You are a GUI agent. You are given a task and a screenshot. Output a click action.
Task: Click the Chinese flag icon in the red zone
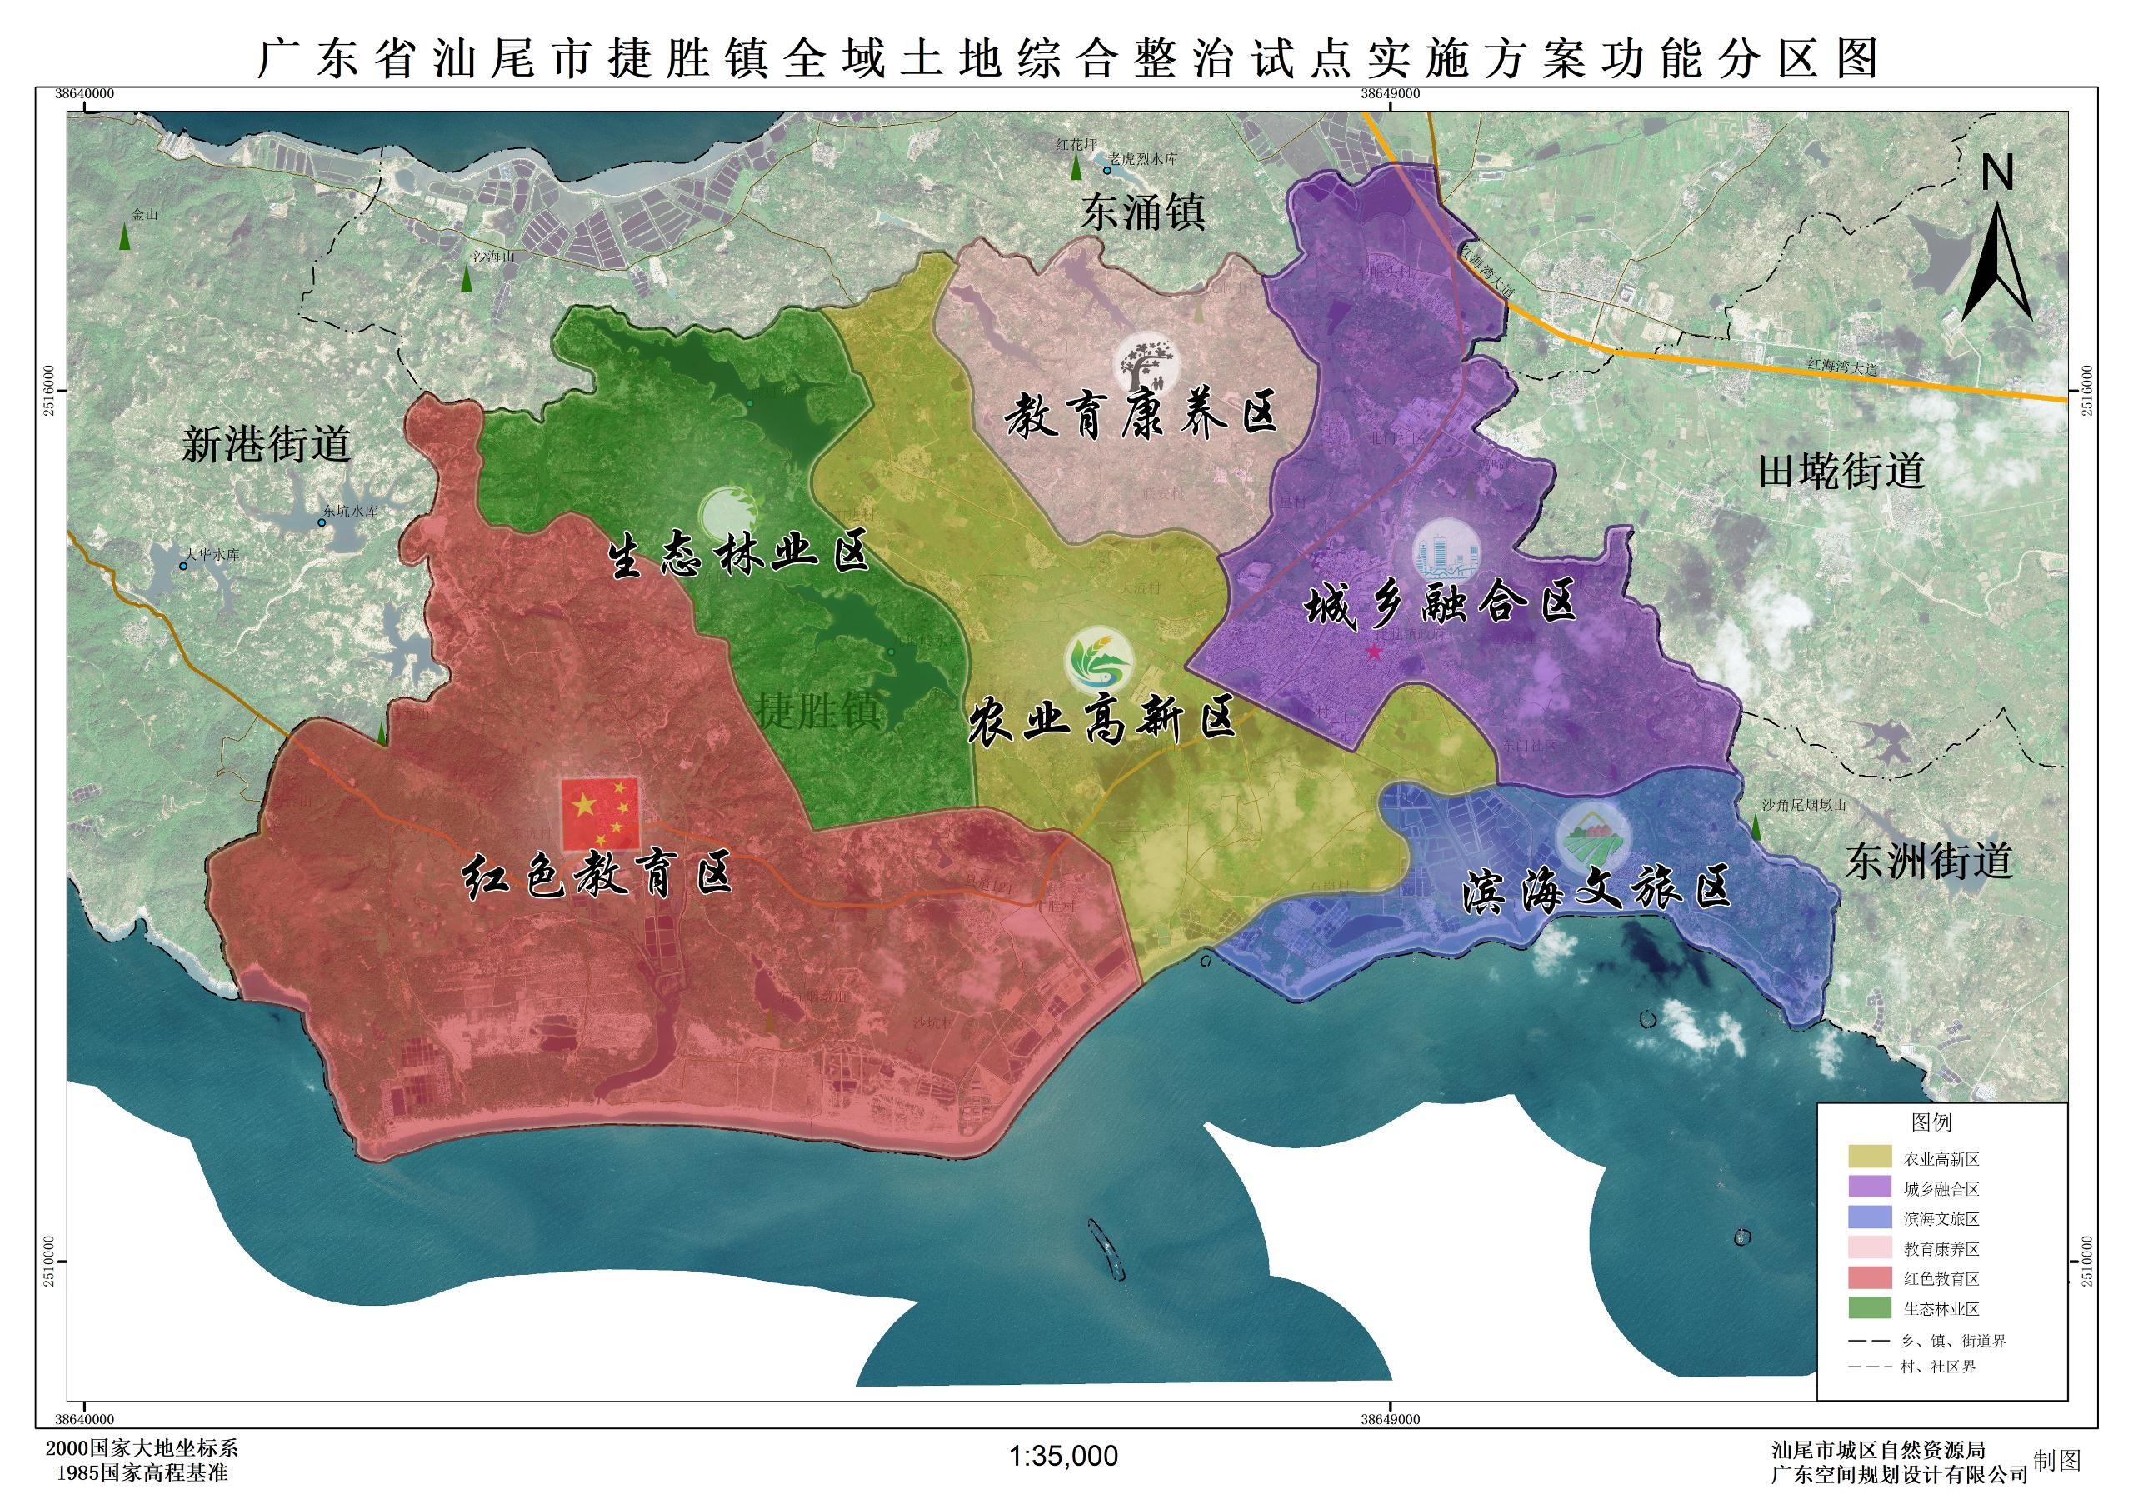pos(600,814)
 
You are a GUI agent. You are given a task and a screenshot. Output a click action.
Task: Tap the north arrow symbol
pos(1996,247)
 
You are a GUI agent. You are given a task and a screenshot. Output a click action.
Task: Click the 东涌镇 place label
pos(1142,212)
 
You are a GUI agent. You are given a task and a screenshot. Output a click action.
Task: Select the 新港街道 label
pos(267,444)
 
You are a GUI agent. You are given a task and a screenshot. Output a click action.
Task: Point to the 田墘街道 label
pos(1842,471)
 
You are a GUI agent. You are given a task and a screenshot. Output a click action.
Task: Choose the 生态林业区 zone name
pos(738,555)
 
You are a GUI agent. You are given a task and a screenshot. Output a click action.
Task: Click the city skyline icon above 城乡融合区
pos(1446,552)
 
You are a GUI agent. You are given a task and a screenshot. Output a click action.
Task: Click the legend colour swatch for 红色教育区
pos(1868,1277)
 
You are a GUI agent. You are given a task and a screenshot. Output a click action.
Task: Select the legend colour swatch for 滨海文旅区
pos(1868,1218)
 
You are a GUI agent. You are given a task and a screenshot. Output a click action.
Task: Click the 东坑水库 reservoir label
pos(350,511)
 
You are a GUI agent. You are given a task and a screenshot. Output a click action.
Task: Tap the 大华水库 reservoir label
pos(212,555)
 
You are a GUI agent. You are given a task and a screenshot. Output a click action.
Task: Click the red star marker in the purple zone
pos(1373,652)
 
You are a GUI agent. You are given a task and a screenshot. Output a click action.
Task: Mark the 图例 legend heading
pos(1931,1122)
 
